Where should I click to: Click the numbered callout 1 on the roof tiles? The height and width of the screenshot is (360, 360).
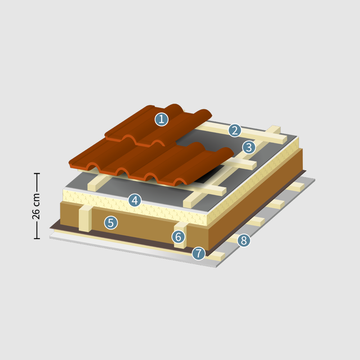[161, 120]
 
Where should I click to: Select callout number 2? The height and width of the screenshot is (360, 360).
[235, 130]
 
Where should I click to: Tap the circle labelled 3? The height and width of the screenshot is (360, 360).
[249, 147]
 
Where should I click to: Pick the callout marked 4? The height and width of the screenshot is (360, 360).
[135, 200]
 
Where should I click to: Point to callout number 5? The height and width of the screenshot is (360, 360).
[111, 223]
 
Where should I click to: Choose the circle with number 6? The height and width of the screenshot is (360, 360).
[179, 237]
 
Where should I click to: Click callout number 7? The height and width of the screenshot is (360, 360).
[199, 253]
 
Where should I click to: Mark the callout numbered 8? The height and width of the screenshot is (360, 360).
[244, 240]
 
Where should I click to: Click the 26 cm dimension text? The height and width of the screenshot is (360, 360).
[36, 206]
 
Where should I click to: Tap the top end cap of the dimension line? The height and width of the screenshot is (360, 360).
[37, 174]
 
